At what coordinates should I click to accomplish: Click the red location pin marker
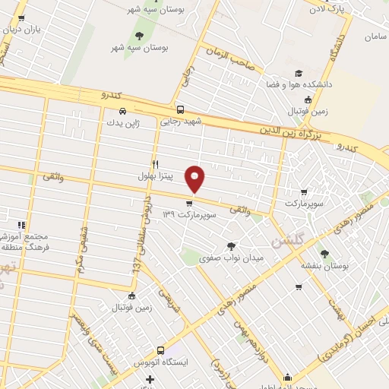point(196,179)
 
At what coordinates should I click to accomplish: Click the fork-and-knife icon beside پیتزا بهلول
point(156,163)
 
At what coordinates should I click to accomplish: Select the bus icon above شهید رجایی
point(180,109)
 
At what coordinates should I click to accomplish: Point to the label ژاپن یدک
point(123,122)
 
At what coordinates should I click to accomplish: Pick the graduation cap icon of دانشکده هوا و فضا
point(299,73)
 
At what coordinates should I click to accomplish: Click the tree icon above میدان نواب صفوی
point(231,245)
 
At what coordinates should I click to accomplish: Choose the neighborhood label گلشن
point(287,239)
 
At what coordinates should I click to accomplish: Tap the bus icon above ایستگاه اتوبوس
point(160,350)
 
